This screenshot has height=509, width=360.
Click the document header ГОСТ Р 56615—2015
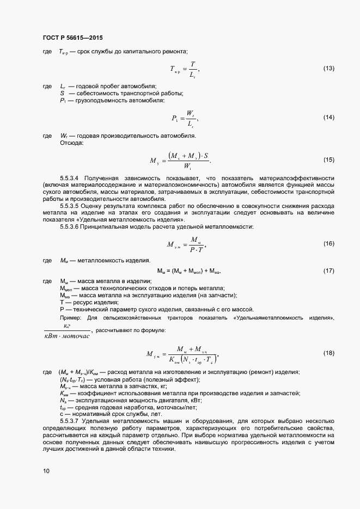tap(72, 38)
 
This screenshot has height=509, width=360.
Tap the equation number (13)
tap(328, 69)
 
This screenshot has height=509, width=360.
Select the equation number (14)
tap(328, 118)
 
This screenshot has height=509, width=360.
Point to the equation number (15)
tap(328, 160)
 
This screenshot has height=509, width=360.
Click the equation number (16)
tap(328, 243)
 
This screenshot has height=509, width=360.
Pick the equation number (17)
tap(328, 271)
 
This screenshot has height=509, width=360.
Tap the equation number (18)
tap(328, 353)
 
